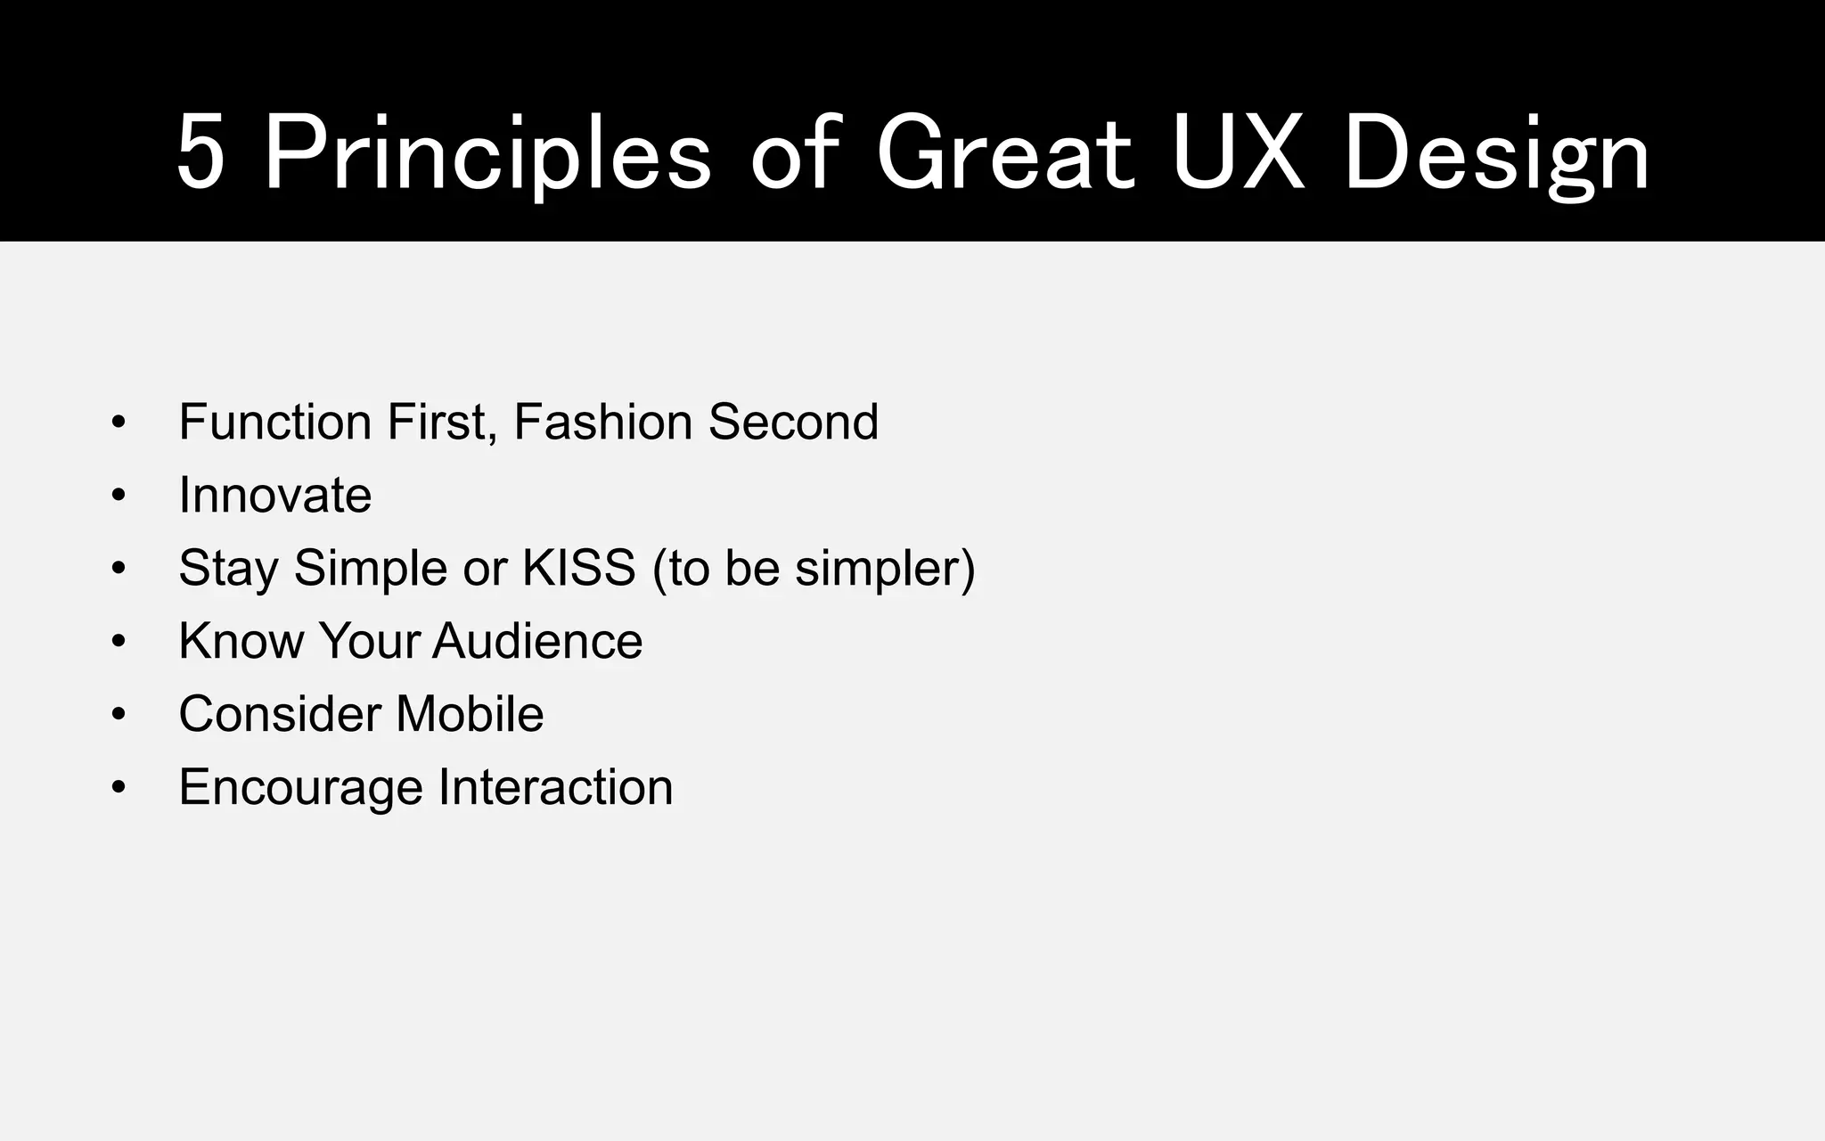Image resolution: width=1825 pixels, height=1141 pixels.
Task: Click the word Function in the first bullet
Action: pos(274,422)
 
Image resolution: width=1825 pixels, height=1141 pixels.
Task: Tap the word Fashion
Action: pos(602,422)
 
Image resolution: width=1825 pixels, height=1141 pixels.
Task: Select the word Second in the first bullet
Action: pos(793,422)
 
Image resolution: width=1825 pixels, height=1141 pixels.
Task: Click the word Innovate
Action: pos(274,495)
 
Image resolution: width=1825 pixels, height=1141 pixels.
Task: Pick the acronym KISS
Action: pos(579,568)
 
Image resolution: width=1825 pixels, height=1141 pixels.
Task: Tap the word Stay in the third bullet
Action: pos(228,569)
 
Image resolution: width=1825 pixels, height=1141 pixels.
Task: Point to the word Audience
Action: pos(537,641)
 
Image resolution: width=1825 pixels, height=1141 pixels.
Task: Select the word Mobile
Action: pos(470,714)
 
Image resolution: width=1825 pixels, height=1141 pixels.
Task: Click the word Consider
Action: pos(279,714)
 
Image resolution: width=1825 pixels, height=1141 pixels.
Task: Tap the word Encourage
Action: pos(300,788)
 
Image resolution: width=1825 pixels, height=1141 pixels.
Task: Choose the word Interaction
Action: pos(555,787)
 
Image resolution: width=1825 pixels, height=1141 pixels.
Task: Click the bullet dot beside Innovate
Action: pos(119,496)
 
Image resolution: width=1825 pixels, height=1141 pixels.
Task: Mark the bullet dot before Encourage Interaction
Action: pos(119,788)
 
